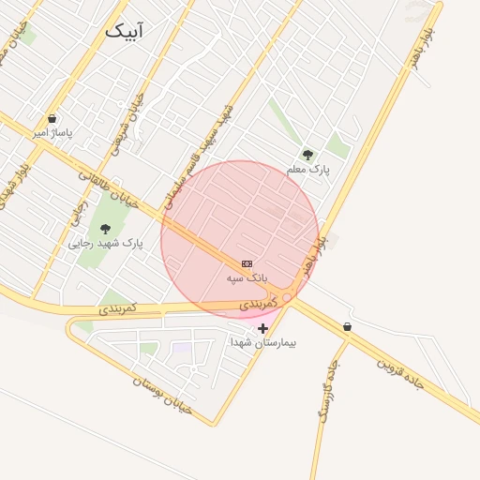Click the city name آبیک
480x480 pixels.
[x=125, y=30]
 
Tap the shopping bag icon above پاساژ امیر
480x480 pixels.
[x=52, y=119]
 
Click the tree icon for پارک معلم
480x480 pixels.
[x=307, y=155]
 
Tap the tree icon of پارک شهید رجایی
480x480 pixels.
[x=105, y=228]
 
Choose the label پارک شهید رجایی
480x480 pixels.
[x=106, y=242]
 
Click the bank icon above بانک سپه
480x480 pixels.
[x=247, y=264]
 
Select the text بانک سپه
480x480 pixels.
[x=247, y=278]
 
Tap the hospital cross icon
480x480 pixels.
[x=262, y=328]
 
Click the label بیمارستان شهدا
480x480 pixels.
[x=263, y=342]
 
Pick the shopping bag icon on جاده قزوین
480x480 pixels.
[x=348, y=327]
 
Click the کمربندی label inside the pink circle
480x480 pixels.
[x=258, y=304]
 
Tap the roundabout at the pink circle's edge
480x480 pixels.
[x=287, y=297]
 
